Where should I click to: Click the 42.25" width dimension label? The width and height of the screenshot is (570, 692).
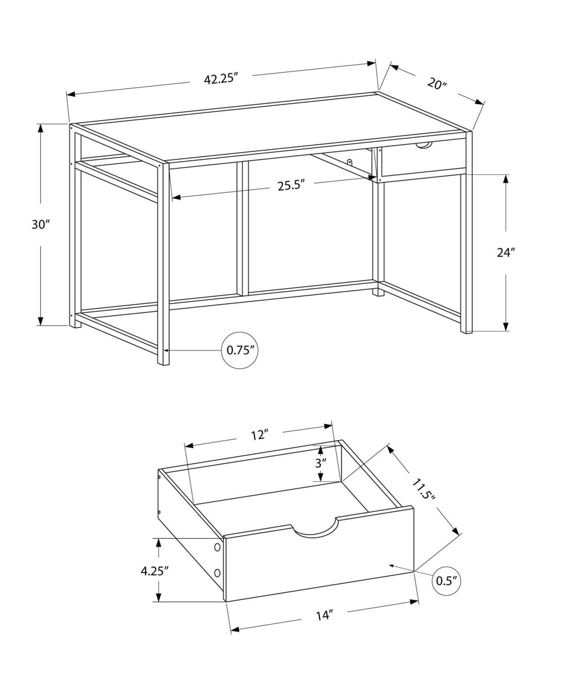(220, 79)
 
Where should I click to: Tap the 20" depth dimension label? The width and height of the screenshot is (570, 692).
(437, 84)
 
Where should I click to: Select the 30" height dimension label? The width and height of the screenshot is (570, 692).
(41, 225)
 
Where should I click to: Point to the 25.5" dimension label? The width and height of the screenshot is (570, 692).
(291, 185)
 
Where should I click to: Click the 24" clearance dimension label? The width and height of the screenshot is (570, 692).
(506, 252)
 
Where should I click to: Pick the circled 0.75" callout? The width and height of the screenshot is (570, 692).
(240, 350)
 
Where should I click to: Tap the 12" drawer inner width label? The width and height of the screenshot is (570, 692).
(259, 435)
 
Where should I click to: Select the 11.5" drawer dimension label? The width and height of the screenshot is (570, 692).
(423, 490)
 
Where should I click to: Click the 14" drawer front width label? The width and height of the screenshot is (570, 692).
(324, 615)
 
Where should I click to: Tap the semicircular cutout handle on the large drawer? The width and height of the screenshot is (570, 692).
(315, 531)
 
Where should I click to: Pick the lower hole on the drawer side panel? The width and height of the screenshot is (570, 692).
(217, 573)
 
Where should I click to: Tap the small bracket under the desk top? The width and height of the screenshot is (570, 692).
(350, 163)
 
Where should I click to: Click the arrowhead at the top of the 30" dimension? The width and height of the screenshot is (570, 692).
(41, 128)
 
